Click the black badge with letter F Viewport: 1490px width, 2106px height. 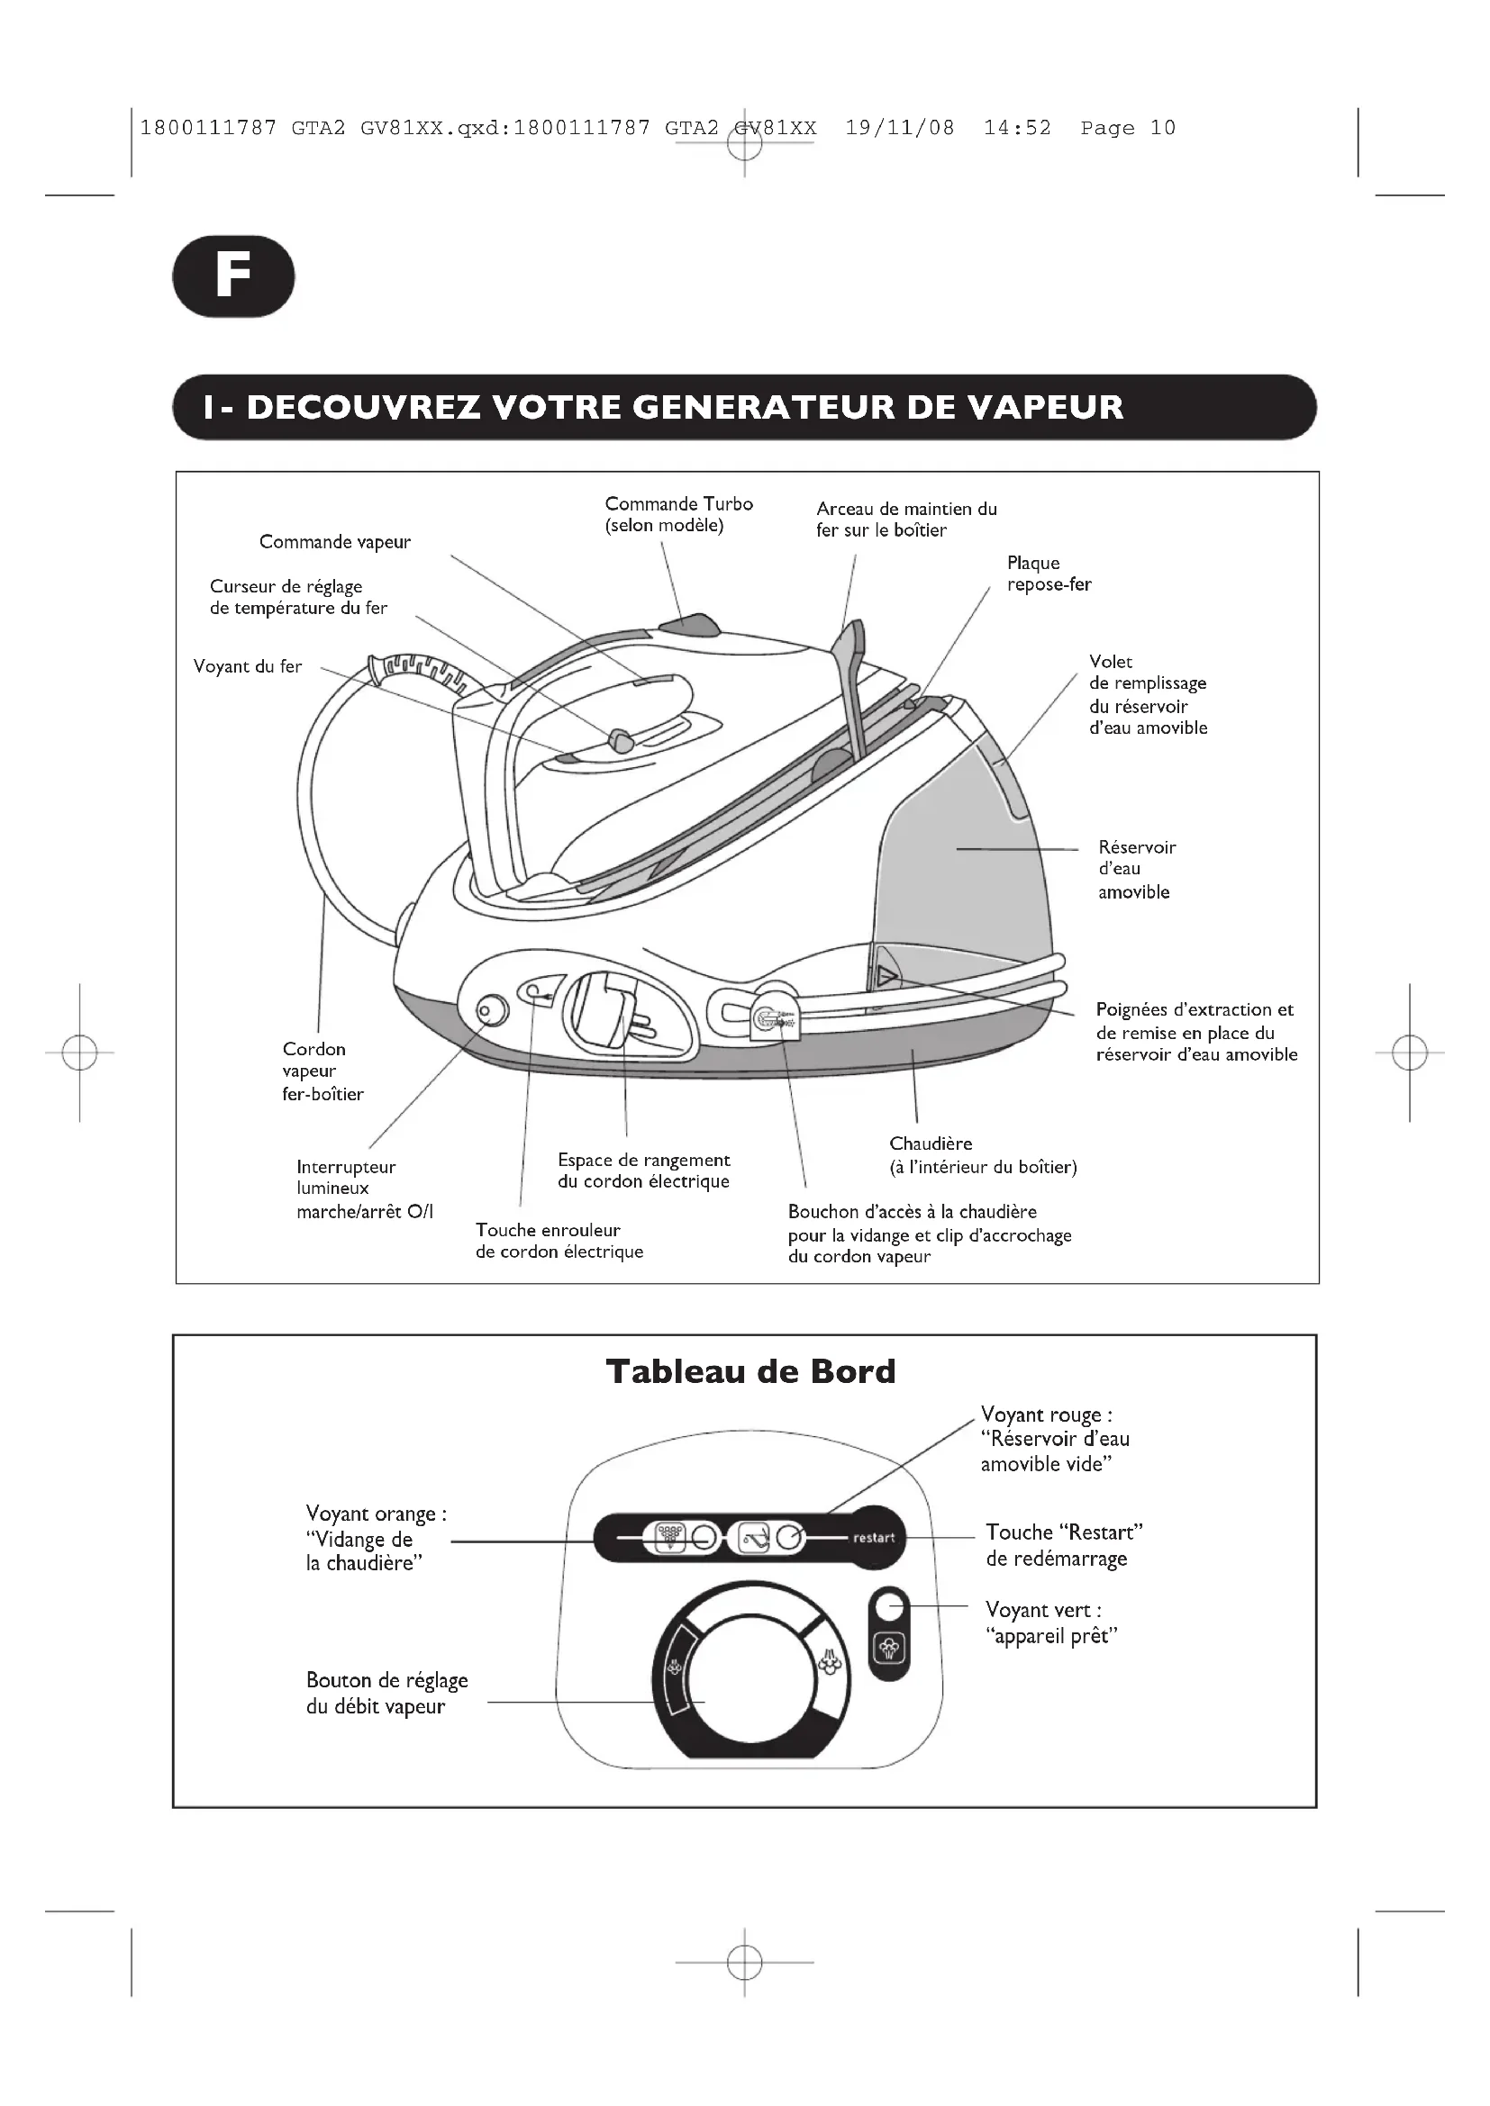click(233, 276)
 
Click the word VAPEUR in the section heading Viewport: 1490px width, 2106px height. click(1046, 407)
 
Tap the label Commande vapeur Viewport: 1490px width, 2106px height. click(335, 542)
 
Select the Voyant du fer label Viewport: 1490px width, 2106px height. click(247, 667)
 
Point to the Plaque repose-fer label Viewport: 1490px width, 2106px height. click(1049, 574)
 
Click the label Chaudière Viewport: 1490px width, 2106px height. click(931, 1143)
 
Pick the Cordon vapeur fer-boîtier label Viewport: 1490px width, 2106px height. click(322, 1071)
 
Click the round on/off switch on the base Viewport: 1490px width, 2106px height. click(493, 1011)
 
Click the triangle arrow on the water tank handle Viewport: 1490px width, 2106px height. click(886, 975)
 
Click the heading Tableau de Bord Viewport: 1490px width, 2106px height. click(750, 1371)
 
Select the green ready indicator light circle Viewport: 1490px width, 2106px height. click(888, 1606)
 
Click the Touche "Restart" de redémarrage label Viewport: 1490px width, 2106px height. click(1063, 1545)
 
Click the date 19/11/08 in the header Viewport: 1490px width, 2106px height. click(899, 129)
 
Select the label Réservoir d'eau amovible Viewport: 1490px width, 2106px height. click(1136, 870)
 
